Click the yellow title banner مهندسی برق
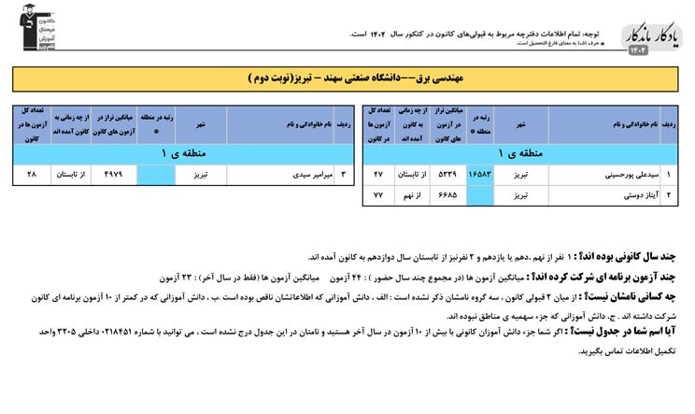[x=347, y=79]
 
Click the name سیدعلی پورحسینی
[x=613, y=174]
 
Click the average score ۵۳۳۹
[x=447, y=174]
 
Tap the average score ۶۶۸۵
[x=447, y=195]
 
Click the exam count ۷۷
[x=377, y=195]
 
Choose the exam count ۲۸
[x=31, y=174]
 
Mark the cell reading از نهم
[x=412, y=195]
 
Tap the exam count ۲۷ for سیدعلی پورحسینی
[x=377, y=174]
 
